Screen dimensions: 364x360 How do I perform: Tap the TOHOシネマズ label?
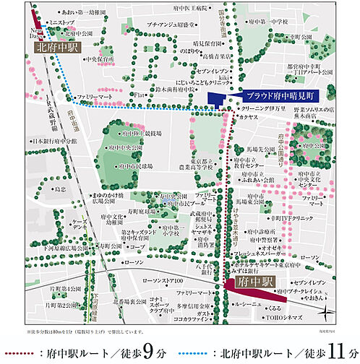(282, 316)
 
